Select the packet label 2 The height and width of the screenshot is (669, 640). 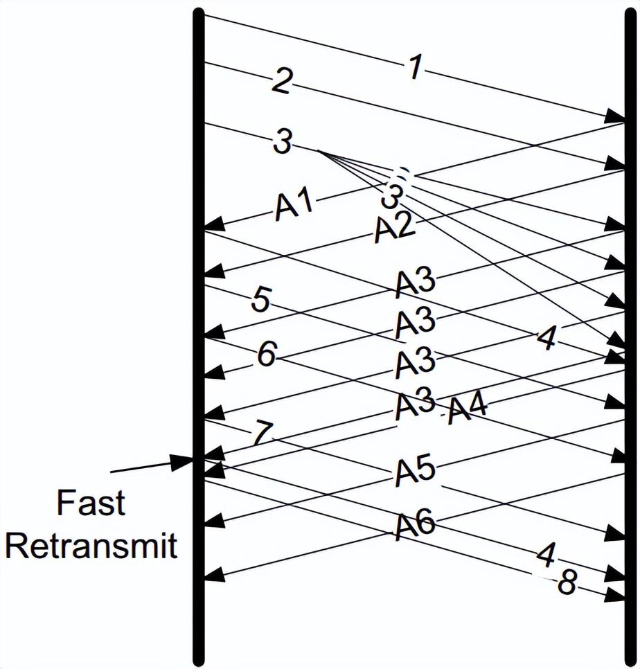(280, 82)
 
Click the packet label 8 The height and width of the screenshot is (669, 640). (567, 584)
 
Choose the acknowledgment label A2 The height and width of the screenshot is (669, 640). (394, 229)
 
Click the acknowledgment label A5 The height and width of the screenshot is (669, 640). (415, 471)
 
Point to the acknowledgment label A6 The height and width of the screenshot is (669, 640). (415, 526)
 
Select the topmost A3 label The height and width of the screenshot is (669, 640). (415, 282)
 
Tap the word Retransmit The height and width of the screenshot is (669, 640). (91, 546)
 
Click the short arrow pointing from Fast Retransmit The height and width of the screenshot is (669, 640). (152, 465)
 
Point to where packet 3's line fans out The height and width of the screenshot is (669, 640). (318, 151)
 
